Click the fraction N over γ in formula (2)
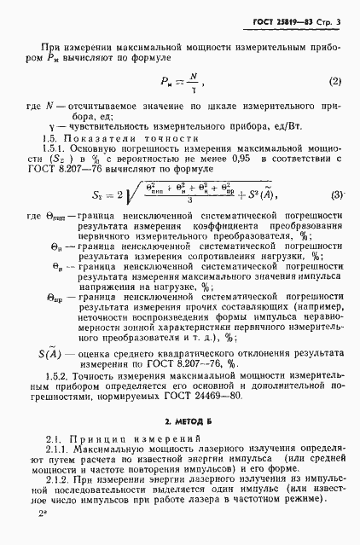click(x=193, y=82)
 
